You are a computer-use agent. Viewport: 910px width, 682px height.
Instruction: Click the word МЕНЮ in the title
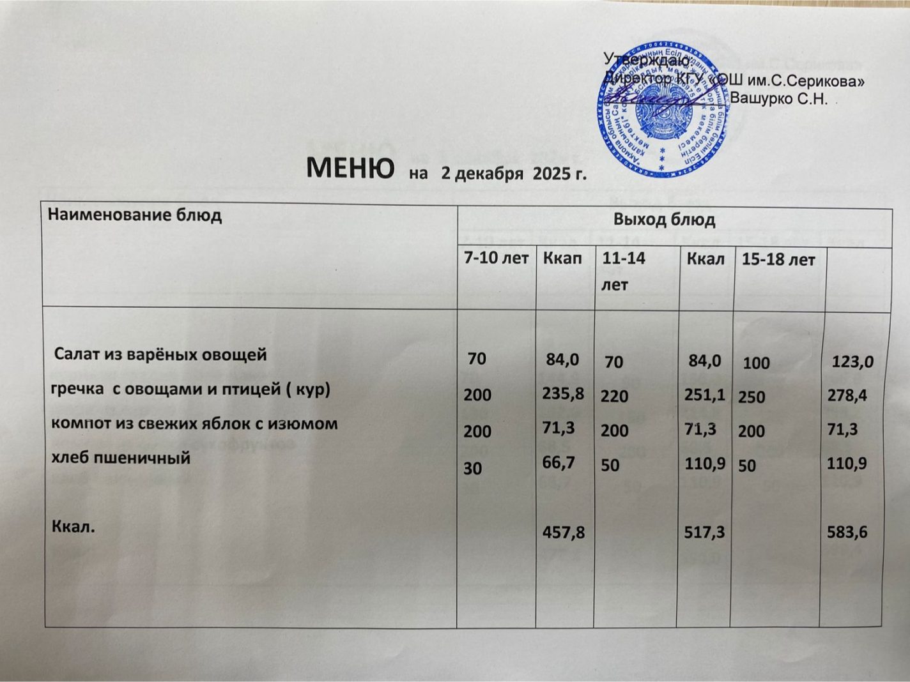[350, 168]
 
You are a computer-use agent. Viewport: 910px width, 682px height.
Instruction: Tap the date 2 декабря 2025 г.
[513, 173]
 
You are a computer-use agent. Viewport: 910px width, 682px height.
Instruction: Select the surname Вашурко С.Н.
[778, 99]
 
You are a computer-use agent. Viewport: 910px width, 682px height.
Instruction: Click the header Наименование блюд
[135, 215]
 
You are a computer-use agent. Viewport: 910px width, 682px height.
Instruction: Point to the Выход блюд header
[664, 220]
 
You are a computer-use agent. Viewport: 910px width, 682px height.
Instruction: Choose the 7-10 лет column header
[497, 259]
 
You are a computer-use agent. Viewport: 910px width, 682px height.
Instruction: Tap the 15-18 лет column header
[778, 260]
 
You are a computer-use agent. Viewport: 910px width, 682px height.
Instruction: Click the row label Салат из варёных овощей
[160, 354]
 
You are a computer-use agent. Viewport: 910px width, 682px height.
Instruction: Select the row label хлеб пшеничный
[120, 457]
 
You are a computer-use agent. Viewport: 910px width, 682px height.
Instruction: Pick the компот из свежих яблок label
[194, 423]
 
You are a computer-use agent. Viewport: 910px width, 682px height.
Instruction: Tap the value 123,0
[852, 363]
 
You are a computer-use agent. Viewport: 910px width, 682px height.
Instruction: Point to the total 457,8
[563, 531]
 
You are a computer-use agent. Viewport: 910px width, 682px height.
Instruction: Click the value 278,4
[847, 396]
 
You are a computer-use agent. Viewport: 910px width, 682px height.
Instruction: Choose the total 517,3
[705, 531]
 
